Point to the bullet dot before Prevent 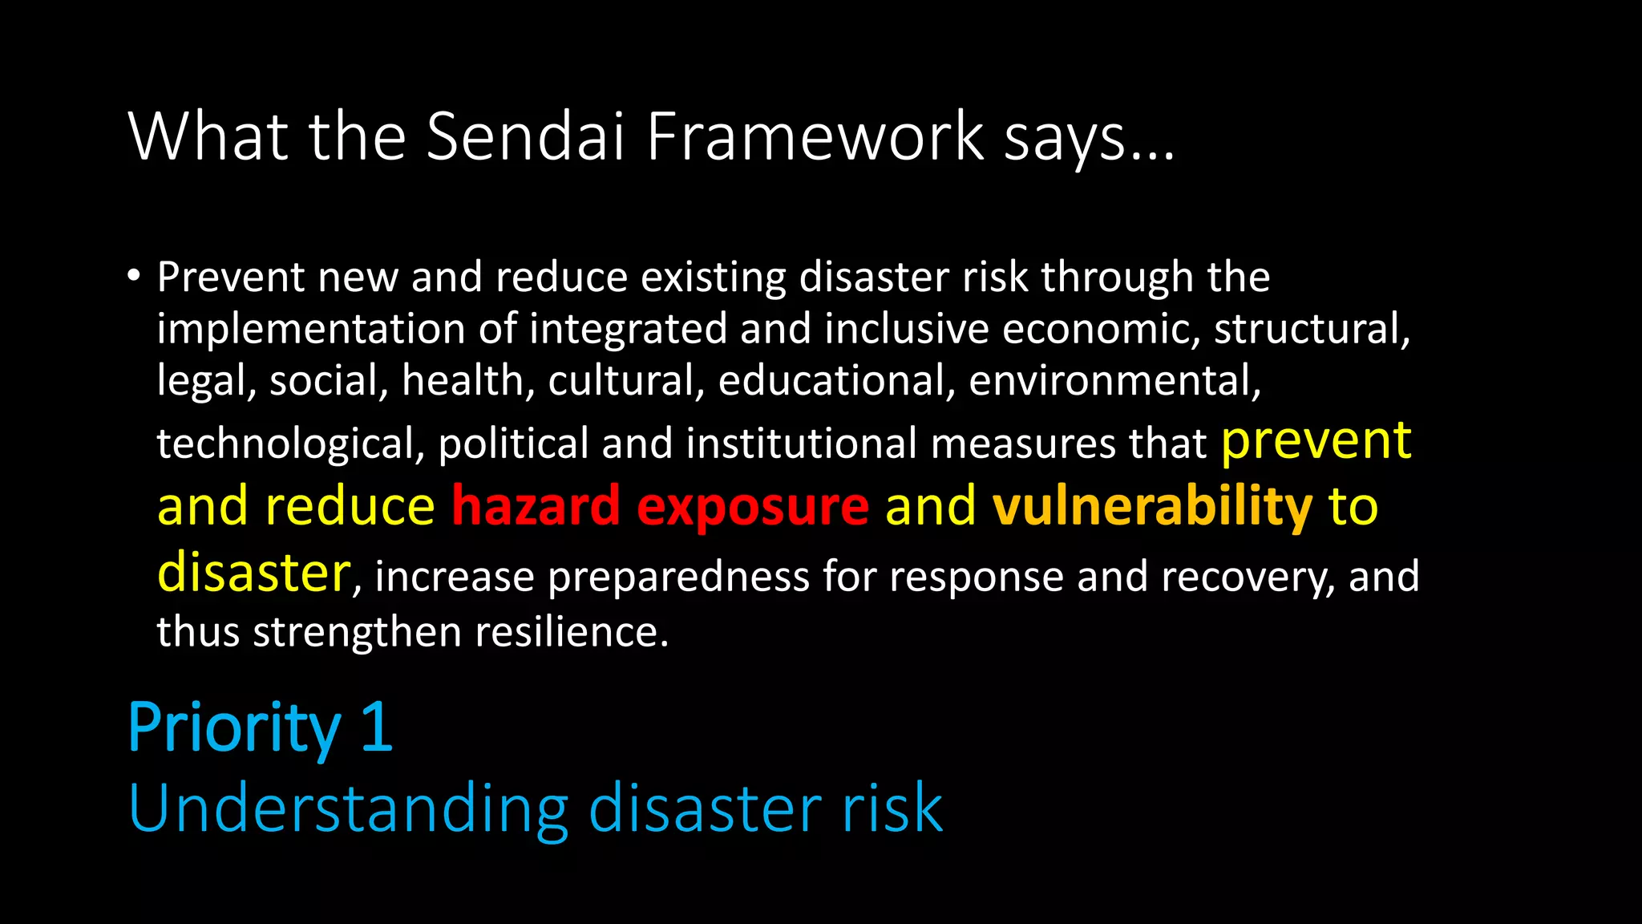click(134, 277)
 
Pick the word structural click(1312, 330)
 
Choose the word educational click(837, 380)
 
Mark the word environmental click(1114, 380)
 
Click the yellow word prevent click(1316, 441)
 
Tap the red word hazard click(536, 506)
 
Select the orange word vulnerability click(1152, 508)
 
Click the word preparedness click(678, 577)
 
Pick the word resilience click(572, 632)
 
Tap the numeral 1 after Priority click(377, 727)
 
